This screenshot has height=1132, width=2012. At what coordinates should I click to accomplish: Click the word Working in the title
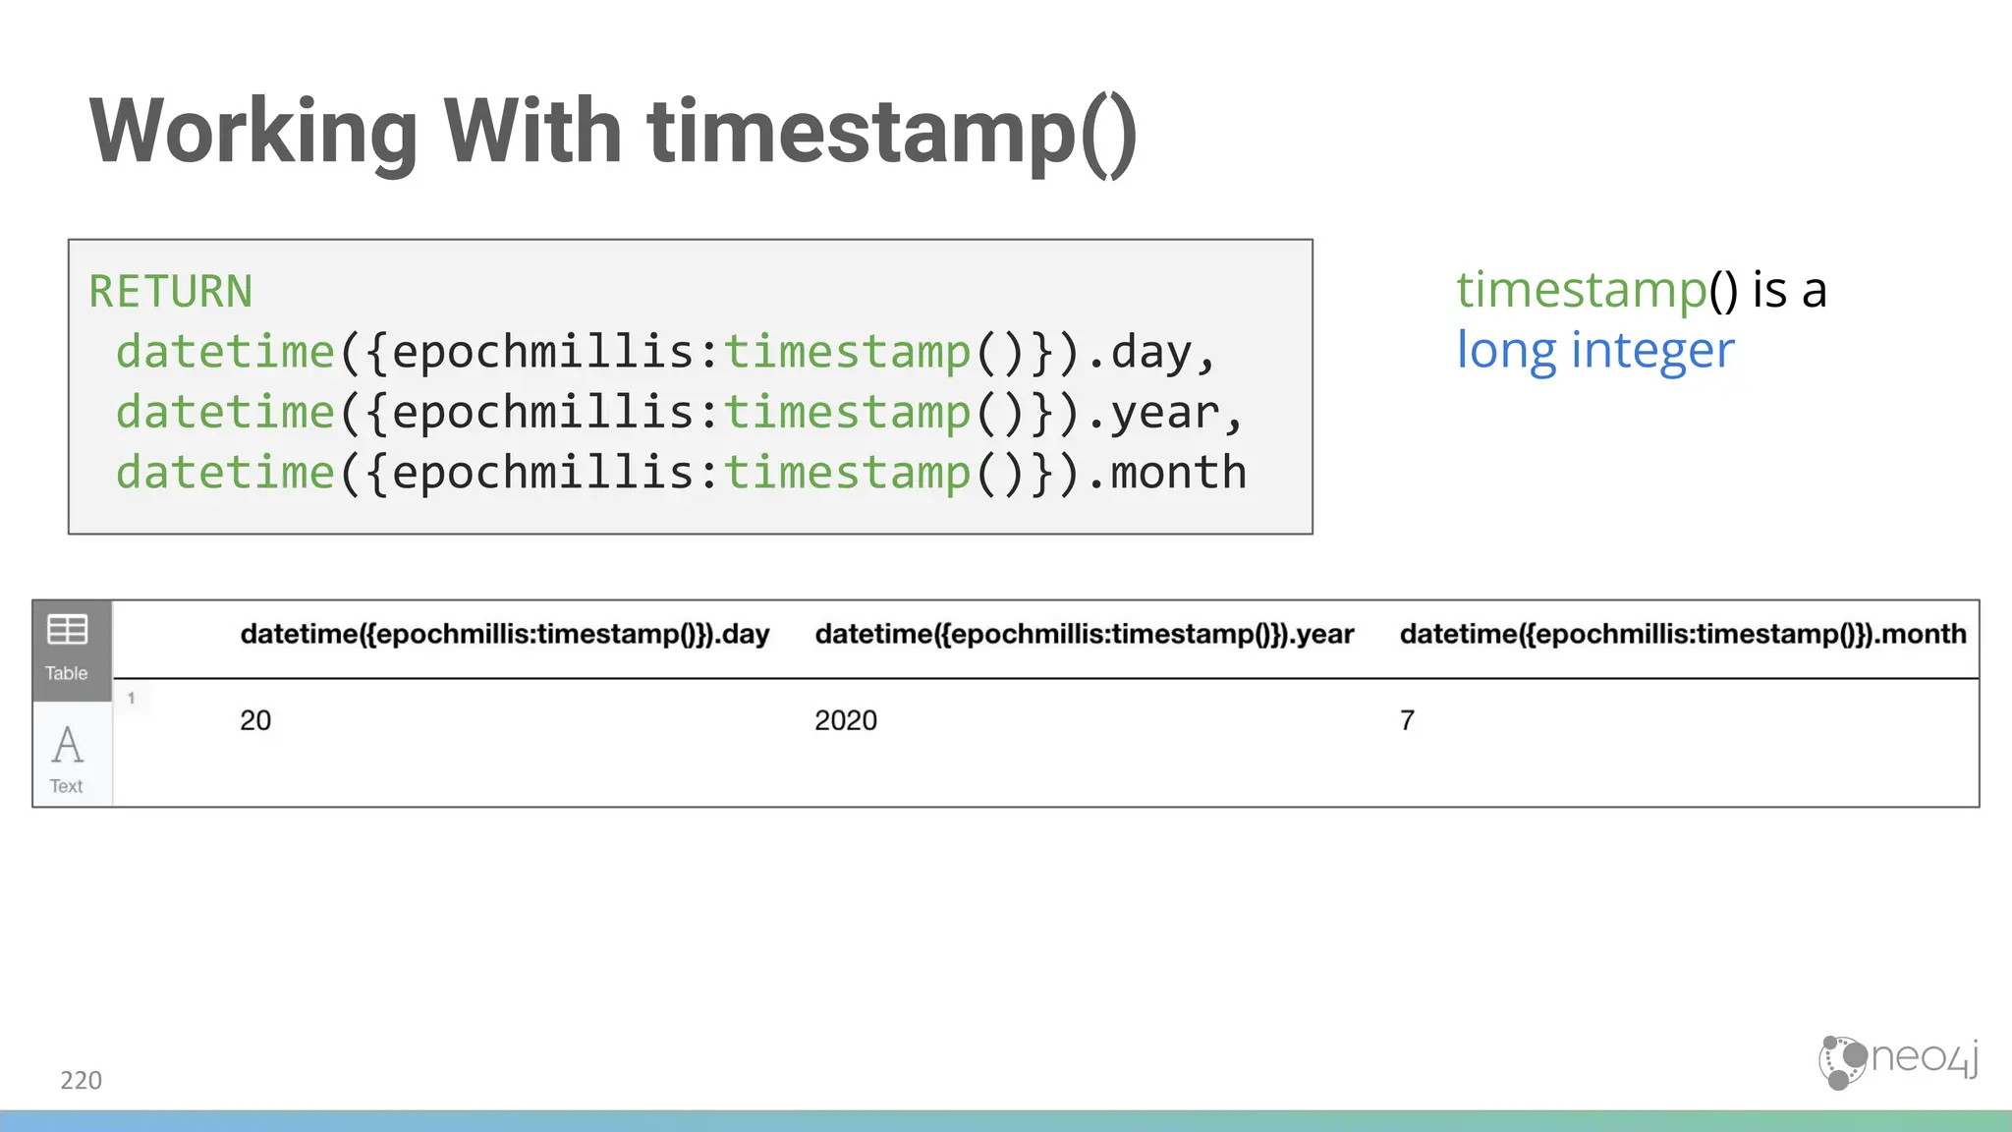[253, 133]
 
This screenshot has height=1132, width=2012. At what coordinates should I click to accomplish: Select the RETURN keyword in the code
[171, 292]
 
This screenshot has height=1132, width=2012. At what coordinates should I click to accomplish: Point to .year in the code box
[1165, 413]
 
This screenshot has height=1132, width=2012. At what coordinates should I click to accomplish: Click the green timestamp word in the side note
[1582, 290]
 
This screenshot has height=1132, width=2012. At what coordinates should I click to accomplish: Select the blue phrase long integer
[1595, 350]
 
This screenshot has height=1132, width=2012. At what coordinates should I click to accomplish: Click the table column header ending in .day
[505, 635]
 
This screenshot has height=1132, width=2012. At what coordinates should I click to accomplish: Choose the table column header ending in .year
[1085, 635]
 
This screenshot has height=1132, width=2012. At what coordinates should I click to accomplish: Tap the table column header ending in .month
[1683, 635]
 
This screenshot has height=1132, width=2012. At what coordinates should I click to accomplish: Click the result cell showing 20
[255, 720]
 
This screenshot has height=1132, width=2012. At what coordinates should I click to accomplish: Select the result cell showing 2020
[846, 720]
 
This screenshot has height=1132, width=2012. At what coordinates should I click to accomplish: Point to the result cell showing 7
[1407, 720]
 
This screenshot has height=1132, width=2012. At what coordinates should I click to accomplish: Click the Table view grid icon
[68, 630]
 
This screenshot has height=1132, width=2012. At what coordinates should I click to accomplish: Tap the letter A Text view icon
[68, 746]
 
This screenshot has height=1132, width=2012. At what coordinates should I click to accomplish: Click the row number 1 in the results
[131, 699]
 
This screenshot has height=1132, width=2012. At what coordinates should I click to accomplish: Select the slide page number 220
[81, 1080]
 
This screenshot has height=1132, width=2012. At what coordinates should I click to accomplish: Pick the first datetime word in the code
[226, 352]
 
